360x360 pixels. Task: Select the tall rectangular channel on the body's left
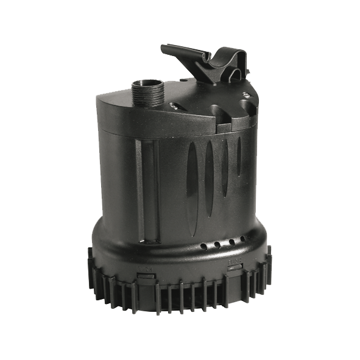[x=147, y=189]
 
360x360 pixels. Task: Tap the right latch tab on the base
[x=235, y=269]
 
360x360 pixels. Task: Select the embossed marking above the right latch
[x=235, y=260]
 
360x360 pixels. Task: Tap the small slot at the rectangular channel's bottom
[x=147, y=242]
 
